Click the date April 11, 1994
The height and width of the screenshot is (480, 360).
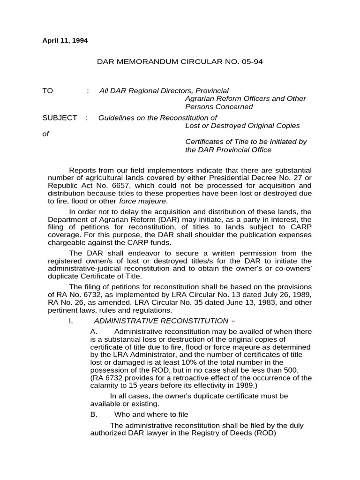65,40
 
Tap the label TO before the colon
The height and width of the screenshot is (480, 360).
48,90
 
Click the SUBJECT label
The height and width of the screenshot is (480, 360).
60,118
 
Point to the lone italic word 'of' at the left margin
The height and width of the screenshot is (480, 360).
45,134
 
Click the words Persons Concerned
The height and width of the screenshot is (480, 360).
219,106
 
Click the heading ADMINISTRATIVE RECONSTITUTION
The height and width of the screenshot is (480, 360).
161,321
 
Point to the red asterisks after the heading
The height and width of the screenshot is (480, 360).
233,322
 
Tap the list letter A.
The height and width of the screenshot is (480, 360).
94,331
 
